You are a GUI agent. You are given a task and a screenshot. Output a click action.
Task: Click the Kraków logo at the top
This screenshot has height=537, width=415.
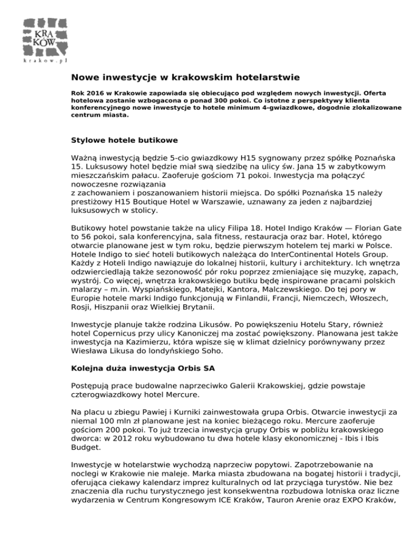click(x=45, y=40)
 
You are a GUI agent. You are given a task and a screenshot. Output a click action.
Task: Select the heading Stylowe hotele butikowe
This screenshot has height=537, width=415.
click(x=125, y=140)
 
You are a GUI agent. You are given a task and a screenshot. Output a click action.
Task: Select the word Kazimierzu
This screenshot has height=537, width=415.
click(x=143, y=344)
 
